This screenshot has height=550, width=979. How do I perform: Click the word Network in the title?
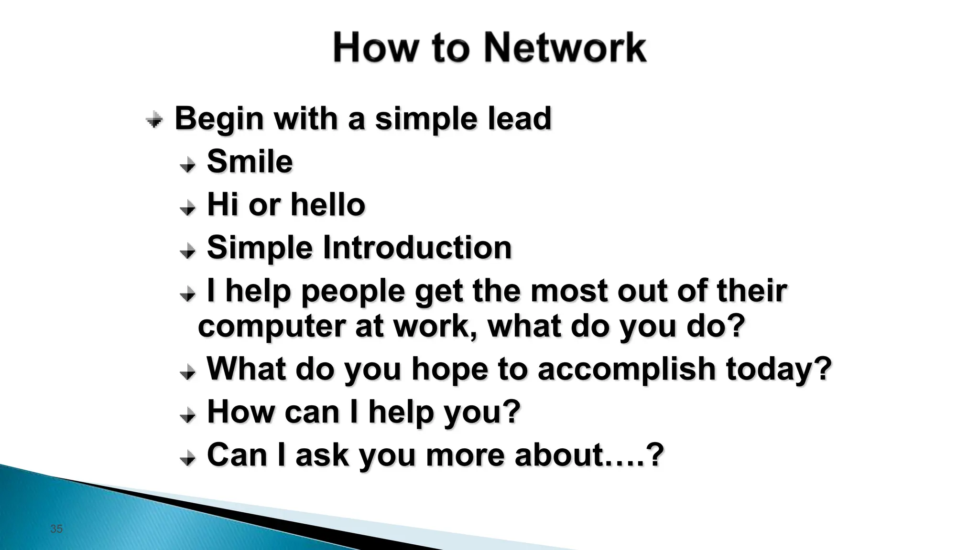coord(565,48)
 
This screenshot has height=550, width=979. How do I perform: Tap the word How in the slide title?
coord(375,48)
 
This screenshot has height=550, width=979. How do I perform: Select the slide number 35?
coord(56,529)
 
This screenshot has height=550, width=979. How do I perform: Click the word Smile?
coord(250,161)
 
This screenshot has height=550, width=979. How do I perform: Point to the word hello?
coord(328,204)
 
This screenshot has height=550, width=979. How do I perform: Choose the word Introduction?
coord(417,247)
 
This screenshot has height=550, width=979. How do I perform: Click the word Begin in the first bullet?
coord(219,118)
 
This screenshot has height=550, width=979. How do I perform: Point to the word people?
coord(353,291)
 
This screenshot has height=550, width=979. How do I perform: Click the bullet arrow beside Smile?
coord(187,165)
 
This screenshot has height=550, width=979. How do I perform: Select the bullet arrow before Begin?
coord(154,119)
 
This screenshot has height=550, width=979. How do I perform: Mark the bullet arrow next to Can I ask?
coord(187,458)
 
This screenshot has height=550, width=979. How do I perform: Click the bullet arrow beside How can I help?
coord(187,415)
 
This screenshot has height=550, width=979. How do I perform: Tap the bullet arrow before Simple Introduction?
coord(187,251)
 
